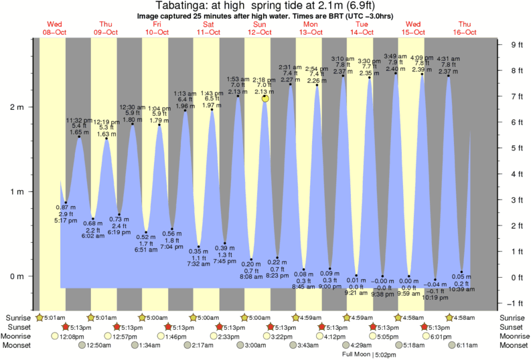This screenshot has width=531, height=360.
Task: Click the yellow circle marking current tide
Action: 266,98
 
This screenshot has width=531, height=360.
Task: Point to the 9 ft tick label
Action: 516,45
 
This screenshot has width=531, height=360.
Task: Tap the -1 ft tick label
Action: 516,302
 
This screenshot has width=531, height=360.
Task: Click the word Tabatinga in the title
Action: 199,6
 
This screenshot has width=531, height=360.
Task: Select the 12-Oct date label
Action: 260,32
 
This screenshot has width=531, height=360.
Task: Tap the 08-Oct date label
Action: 52,32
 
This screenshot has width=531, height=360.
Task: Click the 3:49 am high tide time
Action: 395,56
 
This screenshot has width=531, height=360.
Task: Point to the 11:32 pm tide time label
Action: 79,120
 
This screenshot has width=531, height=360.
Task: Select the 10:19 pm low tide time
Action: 436,297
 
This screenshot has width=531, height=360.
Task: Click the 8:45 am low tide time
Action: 305,288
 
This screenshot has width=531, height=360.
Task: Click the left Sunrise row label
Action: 19,317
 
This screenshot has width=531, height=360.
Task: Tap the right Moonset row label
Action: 513,345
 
